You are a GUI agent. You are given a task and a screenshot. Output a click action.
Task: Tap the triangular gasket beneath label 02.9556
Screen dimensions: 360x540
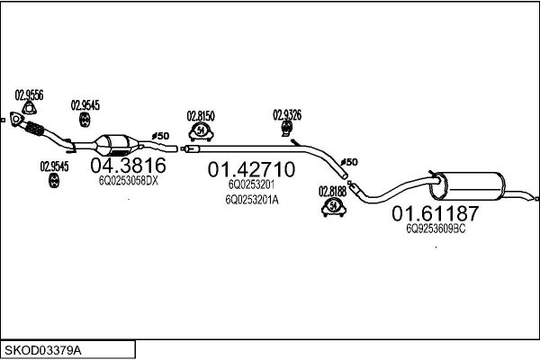point(28,109)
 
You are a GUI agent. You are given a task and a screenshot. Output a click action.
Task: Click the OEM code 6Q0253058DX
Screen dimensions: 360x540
point(128,180)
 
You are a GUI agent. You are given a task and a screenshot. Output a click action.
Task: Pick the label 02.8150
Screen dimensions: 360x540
point(201,116)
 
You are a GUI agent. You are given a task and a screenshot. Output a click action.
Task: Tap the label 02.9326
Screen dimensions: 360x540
point(287,114)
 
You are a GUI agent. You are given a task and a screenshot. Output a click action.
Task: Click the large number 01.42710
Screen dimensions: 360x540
point(251,169)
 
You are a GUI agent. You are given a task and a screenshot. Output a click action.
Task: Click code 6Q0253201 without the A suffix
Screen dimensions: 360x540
point(251,185)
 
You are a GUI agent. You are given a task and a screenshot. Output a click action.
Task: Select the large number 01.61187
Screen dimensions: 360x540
point(435,214)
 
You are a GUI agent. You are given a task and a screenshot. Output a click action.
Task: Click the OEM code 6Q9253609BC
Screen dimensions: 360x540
point(436,229)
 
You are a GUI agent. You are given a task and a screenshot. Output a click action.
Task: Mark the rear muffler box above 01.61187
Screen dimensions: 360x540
point(472,186)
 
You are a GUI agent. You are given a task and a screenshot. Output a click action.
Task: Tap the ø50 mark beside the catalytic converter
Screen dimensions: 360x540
point(159,136)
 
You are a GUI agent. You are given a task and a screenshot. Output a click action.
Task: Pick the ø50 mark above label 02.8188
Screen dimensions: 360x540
point(348,161)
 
